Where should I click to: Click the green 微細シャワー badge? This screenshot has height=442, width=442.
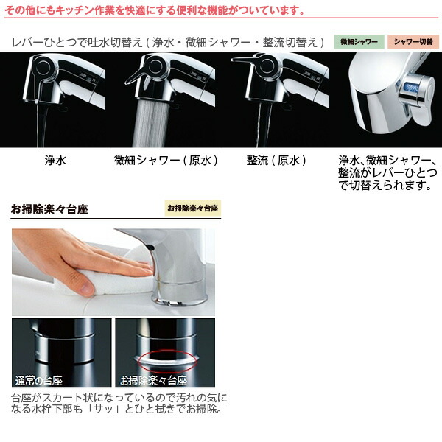click(359, 42)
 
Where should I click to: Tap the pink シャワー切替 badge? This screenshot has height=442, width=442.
click(413, 42)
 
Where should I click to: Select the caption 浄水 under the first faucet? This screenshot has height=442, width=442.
click(55, 159)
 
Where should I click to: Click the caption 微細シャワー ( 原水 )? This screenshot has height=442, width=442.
click(166, 159)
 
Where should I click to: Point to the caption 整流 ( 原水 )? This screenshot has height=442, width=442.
click(276, 159)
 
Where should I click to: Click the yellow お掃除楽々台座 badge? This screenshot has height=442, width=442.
click(192, 208)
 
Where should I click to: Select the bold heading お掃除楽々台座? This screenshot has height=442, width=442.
click(49, 209)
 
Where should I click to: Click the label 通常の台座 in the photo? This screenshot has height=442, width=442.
click(39, 381)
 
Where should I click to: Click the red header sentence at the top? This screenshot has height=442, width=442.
click(155, 10)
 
